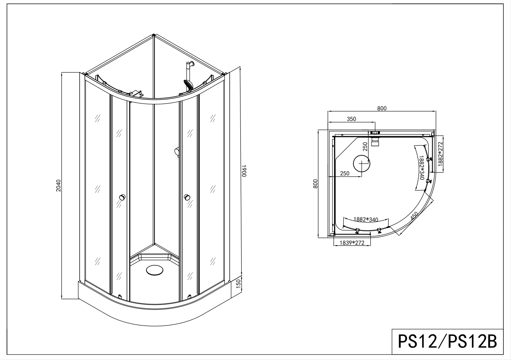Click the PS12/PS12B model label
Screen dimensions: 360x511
click(x=447, y=341)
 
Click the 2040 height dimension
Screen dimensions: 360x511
click(x=59, y=186)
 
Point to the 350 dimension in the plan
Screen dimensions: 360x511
click(x=351, y=119)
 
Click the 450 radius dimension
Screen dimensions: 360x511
click(x=414, y=216)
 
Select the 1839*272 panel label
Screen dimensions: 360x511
click(x=352, y=243)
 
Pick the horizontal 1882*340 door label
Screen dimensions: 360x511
click(x=366, y=219)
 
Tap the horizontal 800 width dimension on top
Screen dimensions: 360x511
click(x=382, y=108)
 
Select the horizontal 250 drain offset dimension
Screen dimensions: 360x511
click(x=345, y=174)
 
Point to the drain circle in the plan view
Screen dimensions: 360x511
click(x=362, y=163)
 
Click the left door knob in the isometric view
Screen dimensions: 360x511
click(x=122, y=197)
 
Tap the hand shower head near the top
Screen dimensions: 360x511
click(x=188, y=85)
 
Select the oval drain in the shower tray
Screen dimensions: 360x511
click(x=154, y=271)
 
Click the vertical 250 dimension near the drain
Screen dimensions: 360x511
click(x=365, y=147)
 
